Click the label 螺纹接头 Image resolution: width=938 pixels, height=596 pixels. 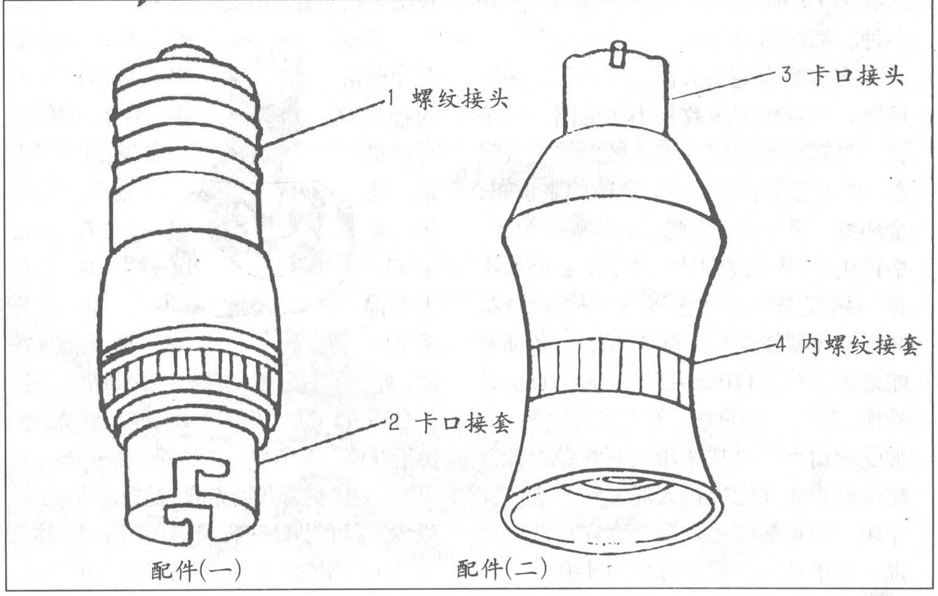460,100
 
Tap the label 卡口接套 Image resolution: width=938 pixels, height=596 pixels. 464,424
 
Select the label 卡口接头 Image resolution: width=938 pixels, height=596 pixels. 857,77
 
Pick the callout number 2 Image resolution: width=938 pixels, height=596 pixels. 393,424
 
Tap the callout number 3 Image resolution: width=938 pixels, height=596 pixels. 786,76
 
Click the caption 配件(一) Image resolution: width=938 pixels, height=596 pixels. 196,569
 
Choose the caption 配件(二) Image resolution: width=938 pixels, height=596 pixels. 502,568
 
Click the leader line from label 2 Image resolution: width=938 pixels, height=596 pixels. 322,443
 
